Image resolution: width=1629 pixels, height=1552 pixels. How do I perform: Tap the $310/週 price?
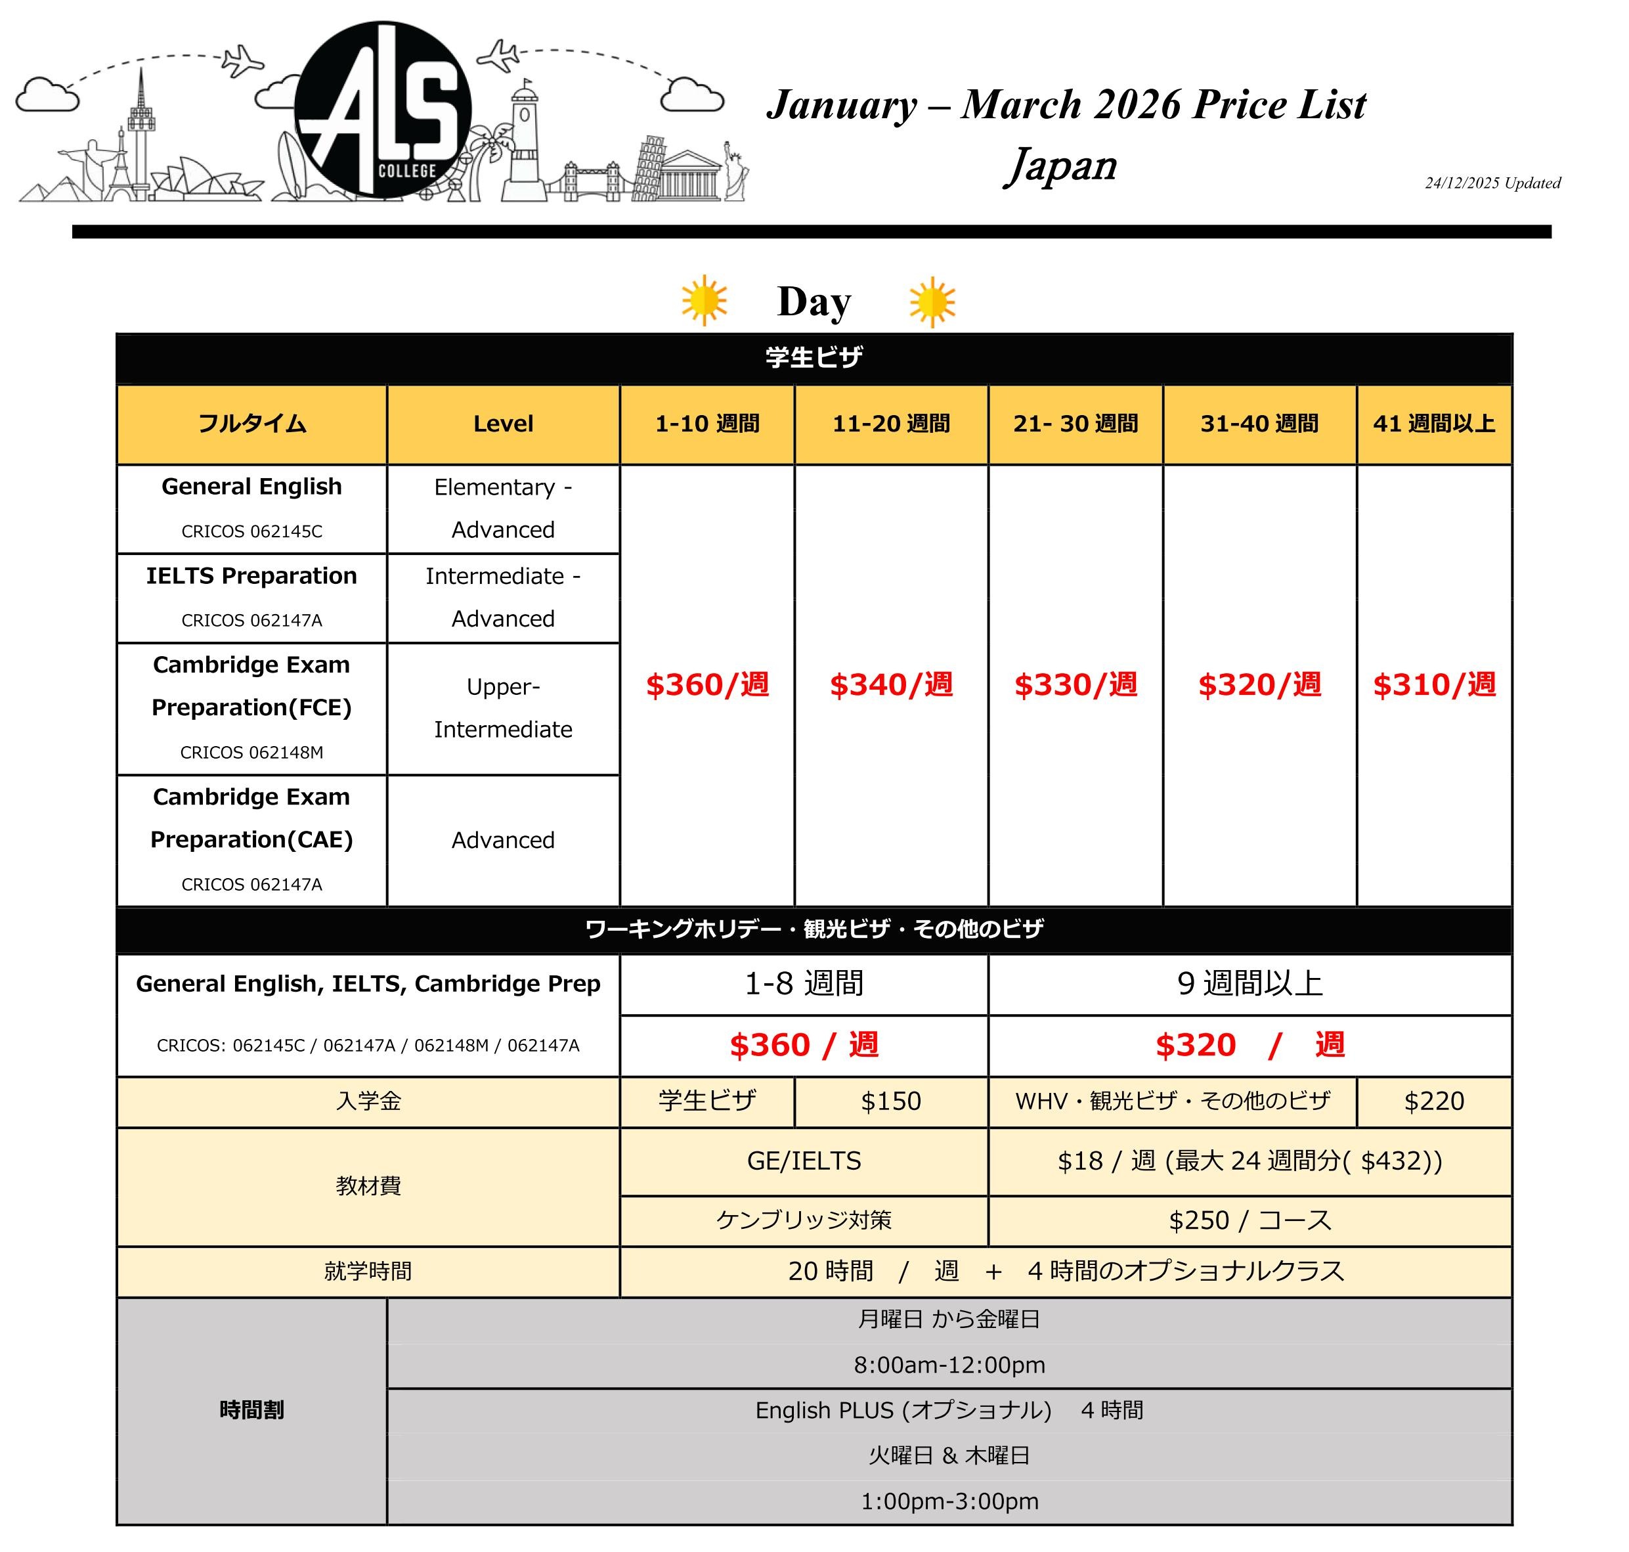click(x=1433, y=685)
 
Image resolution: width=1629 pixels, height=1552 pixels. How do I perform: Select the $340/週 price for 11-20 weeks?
click(x=890, y=685)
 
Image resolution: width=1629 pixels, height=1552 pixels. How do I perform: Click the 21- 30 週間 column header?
click(x=1075, y=424)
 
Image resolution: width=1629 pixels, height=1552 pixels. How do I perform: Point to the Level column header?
click(x=503, y=424)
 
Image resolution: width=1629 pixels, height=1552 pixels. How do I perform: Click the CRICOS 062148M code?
click(x=251, y=752)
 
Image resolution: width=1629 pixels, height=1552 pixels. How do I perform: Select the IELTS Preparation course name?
click(x=251, y=576)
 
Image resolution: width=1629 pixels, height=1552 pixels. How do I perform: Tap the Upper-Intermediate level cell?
click(x=503, y=708)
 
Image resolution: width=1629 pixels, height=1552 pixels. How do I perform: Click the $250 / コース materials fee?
click(x=1249, y=1220)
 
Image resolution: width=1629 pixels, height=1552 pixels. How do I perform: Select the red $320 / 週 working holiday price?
click(x=1249, y=1045)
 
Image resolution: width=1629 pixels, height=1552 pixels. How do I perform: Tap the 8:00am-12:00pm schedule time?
click(x=949, y=1364)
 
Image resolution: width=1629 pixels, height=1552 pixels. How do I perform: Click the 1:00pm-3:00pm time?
click(x=949, y=1501)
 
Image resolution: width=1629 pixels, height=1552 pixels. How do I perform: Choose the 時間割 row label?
click(x=251, y=1409)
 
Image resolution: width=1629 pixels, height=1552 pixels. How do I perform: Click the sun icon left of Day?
click(x=704, y=300)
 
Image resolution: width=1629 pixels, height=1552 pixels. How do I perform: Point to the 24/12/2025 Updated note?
click(x=1492, y=183)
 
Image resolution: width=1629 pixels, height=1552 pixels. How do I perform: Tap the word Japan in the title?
click(x=1062, y=165)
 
